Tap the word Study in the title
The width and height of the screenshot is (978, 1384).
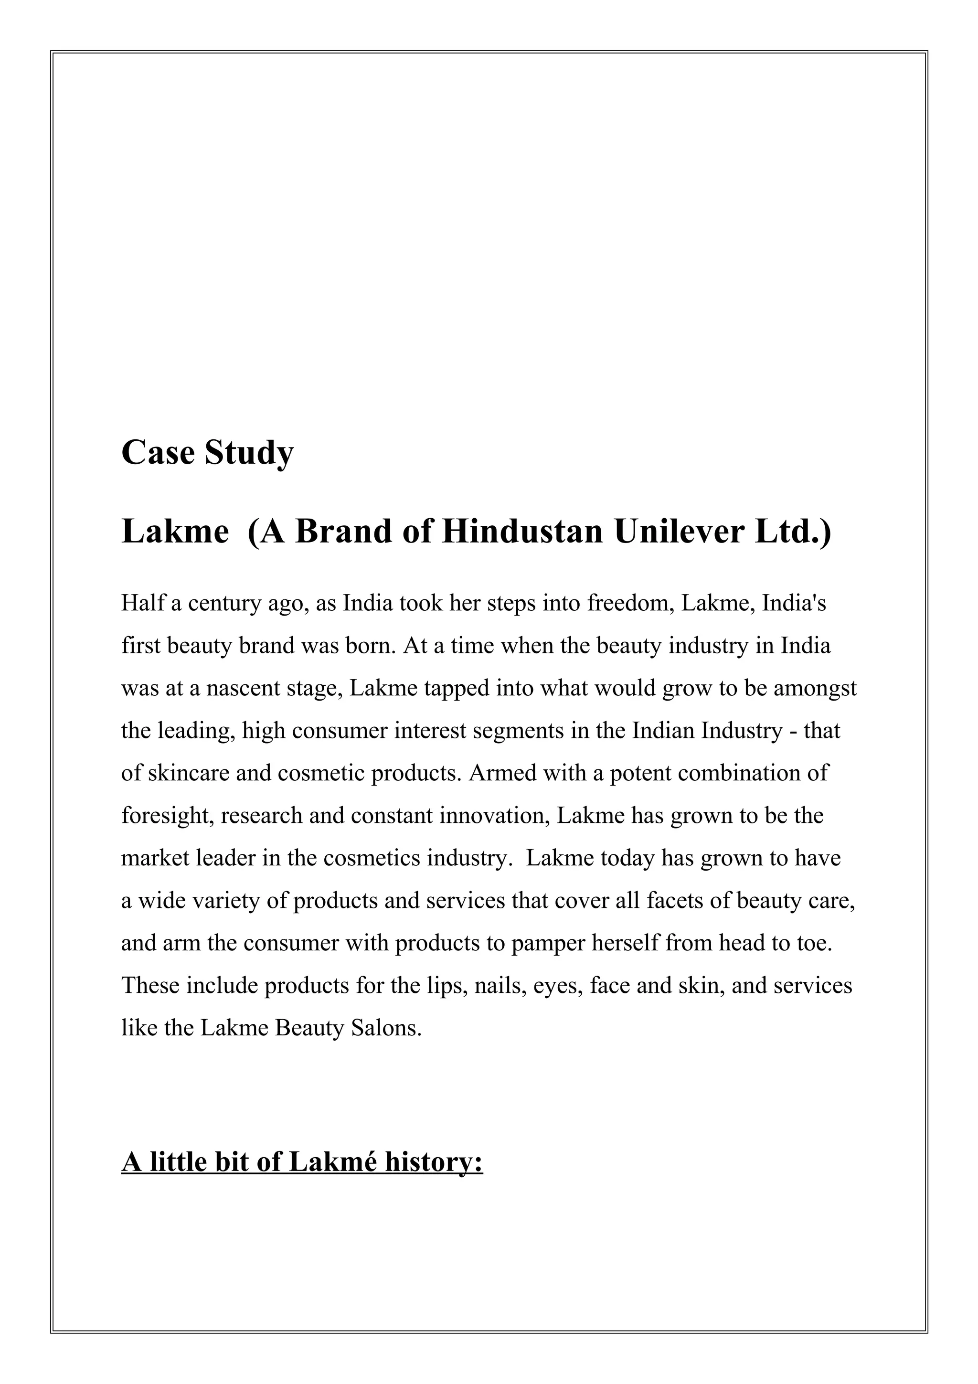[x=249, y=454]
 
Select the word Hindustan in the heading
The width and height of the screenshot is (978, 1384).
[x=522, y=532]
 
